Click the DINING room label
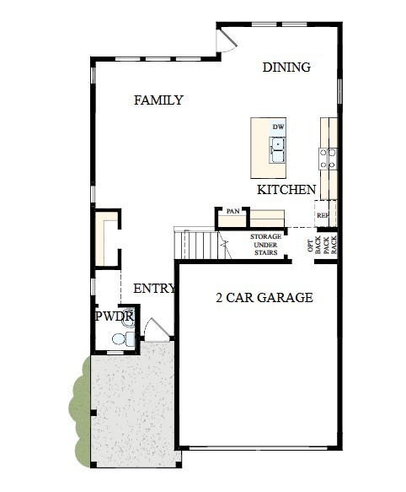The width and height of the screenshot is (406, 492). tap(286, 68)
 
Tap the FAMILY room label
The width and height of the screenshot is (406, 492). tap(158, 100)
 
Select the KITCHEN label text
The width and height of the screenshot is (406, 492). tap(286, 190)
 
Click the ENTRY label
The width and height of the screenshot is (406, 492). tap(154, 289)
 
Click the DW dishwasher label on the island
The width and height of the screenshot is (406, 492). tap(277, 127)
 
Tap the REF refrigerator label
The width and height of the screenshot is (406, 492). tap(323, 215)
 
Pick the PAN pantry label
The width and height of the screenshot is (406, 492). tap(232, 211)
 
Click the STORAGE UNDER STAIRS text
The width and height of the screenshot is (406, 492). tap(266, 244)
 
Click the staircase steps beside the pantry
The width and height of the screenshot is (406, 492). tap(200, 246)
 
